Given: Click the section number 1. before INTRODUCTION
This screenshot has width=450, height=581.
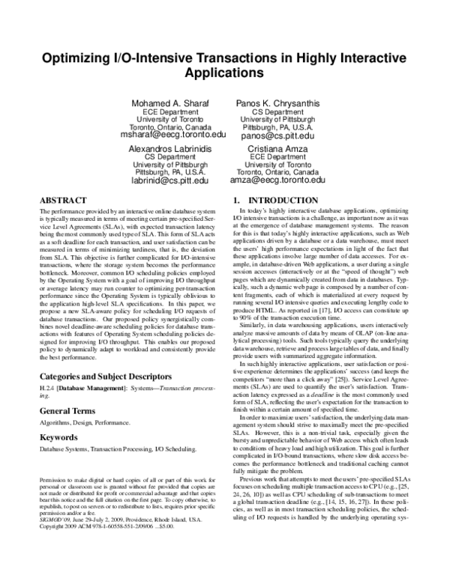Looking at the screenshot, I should click(236, 201).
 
